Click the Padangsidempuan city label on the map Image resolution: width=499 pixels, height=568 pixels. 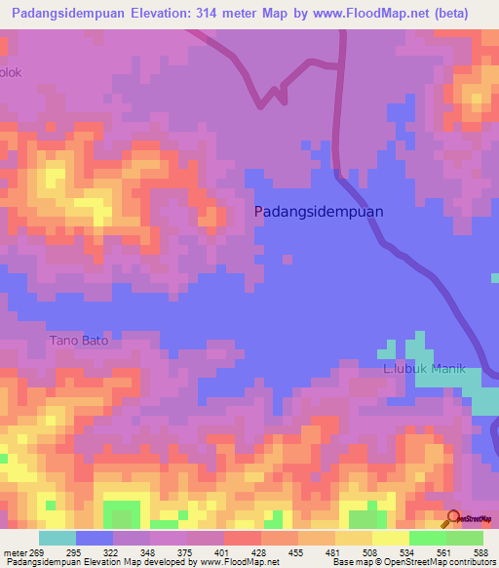(319, 211)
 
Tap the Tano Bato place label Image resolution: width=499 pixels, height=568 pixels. (79, 341)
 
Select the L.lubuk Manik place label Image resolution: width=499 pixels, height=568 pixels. (424, 369)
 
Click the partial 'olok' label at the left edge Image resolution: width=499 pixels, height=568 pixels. (10, 72)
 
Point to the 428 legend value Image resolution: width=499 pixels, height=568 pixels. (258, 551)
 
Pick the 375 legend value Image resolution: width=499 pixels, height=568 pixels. (182, 551)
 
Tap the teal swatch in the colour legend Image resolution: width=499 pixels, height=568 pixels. (58, 538)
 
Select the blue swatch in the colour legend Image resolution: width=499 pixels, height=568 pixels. (95, 538)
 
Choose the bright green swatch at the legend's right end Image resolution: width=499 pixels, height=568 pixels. (465, 538)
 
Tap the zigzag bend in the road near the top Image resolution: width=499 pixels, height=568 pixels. (270, 96)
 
